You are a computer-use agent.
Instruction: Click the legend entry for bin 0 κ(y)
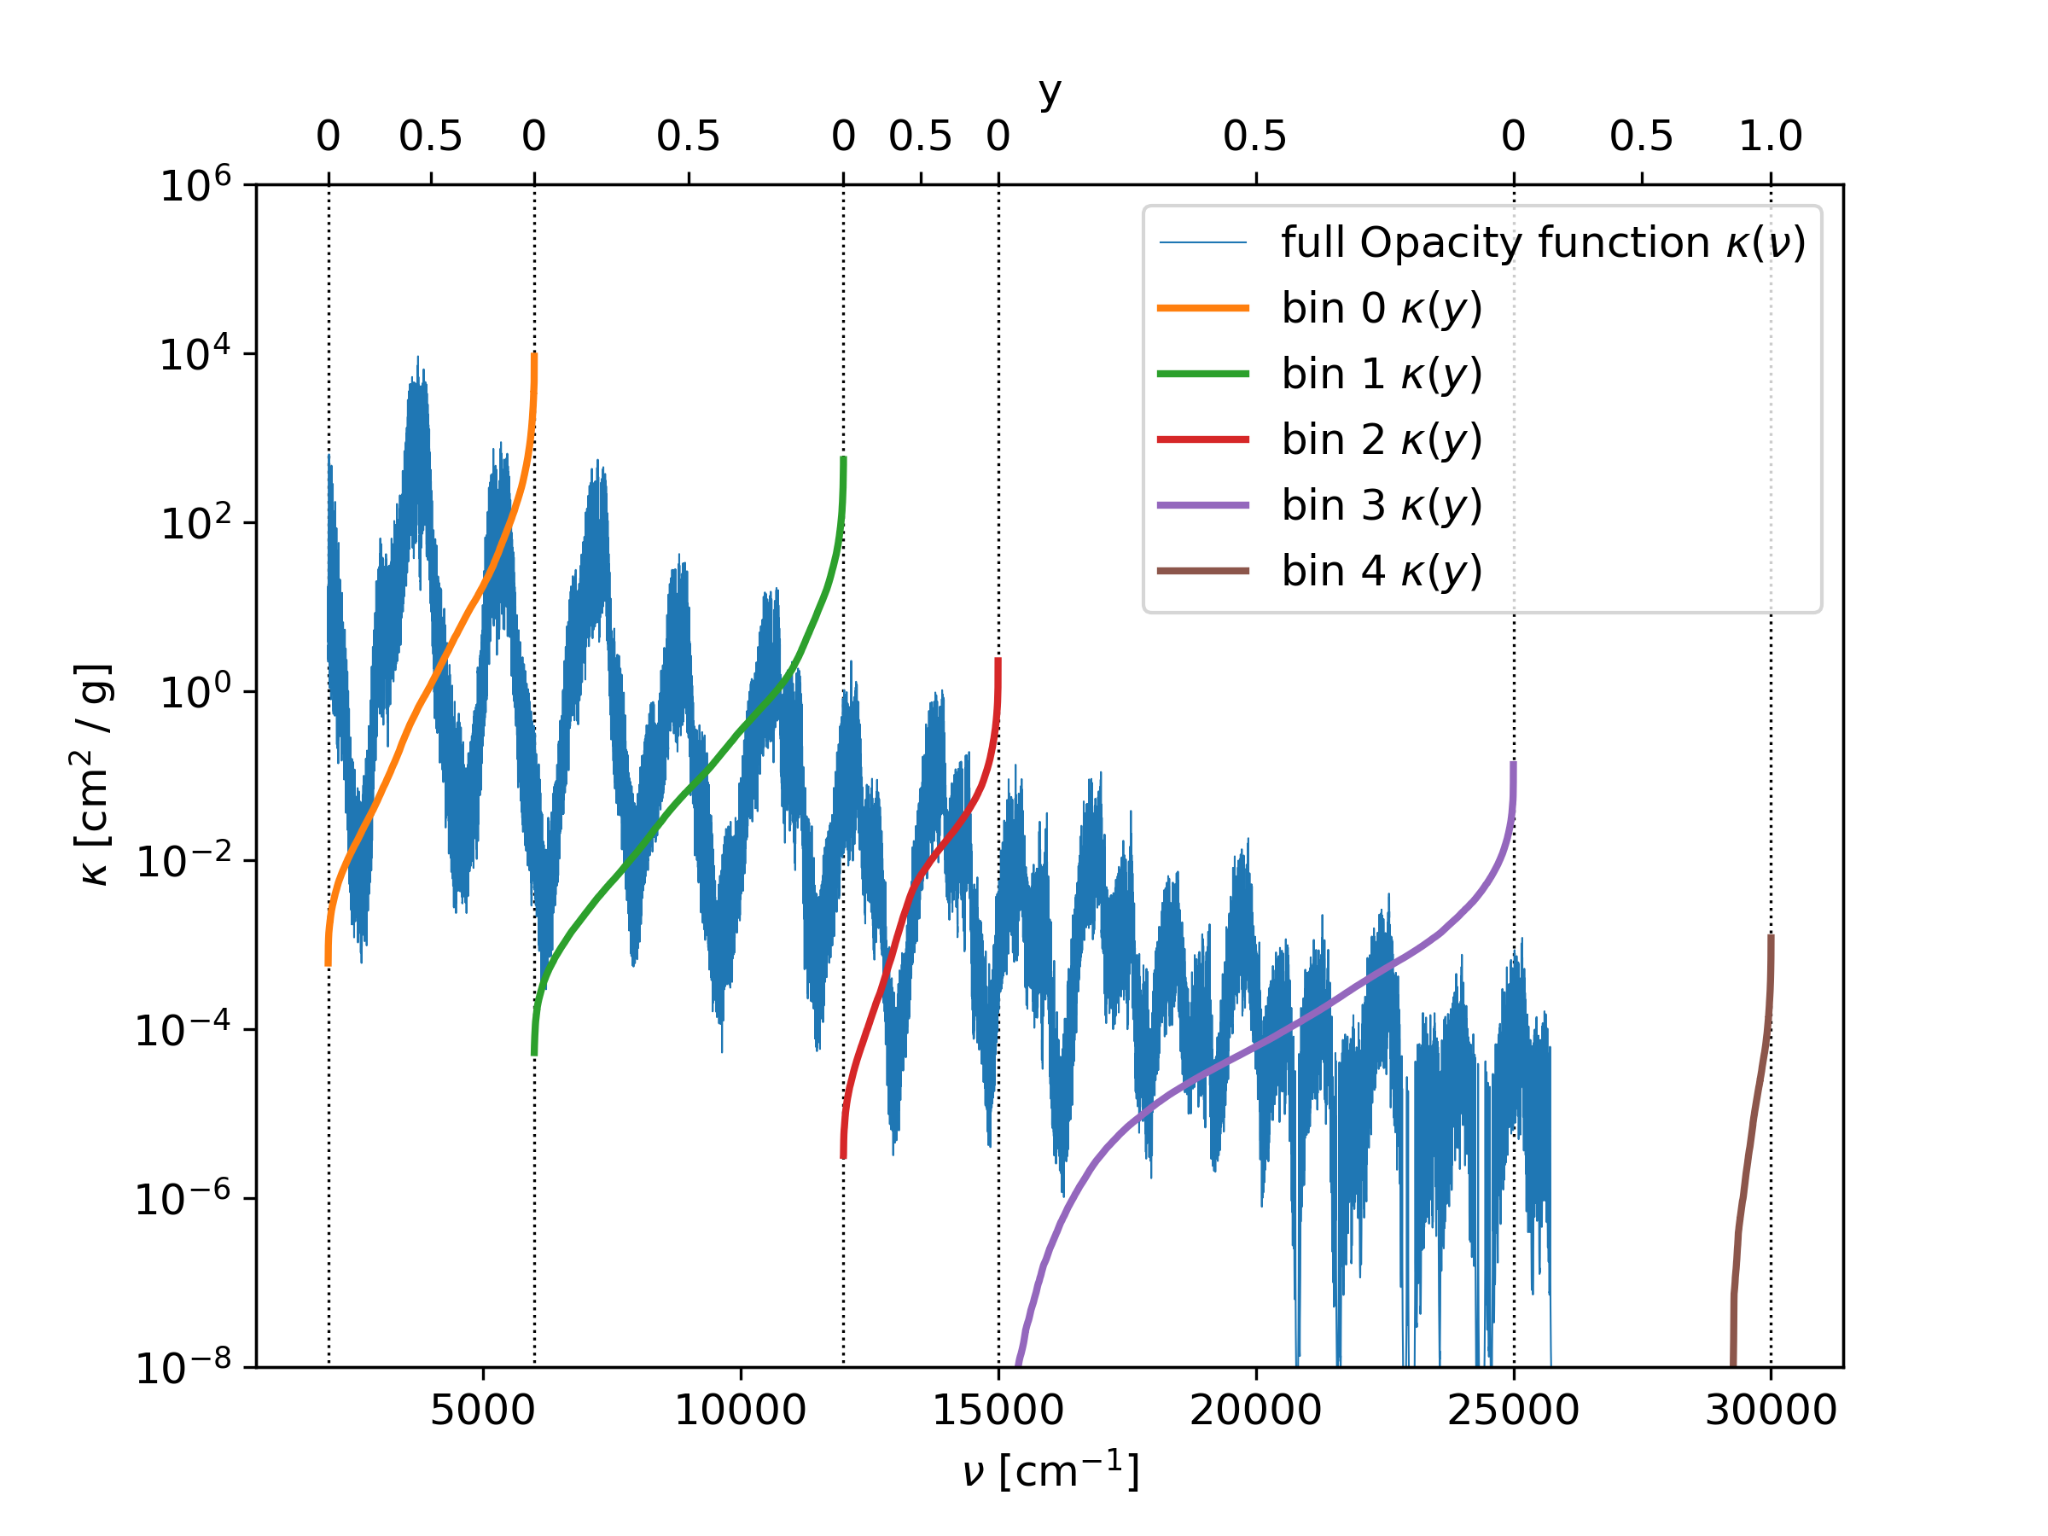tap(1382, 308)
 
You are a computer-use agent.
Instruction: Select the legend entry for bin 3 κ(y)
tap(1382, 505)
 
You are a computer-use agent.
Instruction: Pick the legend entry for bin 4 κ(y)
tap(1382, 571)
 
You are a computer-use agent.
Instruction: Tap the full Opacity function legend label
tap(1544, 242)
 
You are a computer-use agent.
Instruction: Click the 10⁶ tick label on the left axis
tap(195, 185)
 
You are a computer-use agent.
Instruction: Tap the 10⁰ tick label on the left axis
tap(195, 690)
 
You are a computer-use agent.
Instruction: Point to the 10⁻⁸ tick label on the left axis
tap(183, 1366)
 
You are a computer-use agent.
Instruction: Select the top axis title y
tap(1049, 92)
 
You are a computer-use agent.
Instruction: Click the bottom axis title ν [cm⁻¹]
tap(1050, 1470)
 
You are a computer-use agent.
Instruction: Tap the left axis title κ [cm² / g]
tap(95, 774)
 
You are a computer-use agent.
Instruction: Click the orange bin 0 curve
tap(428, 685)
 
